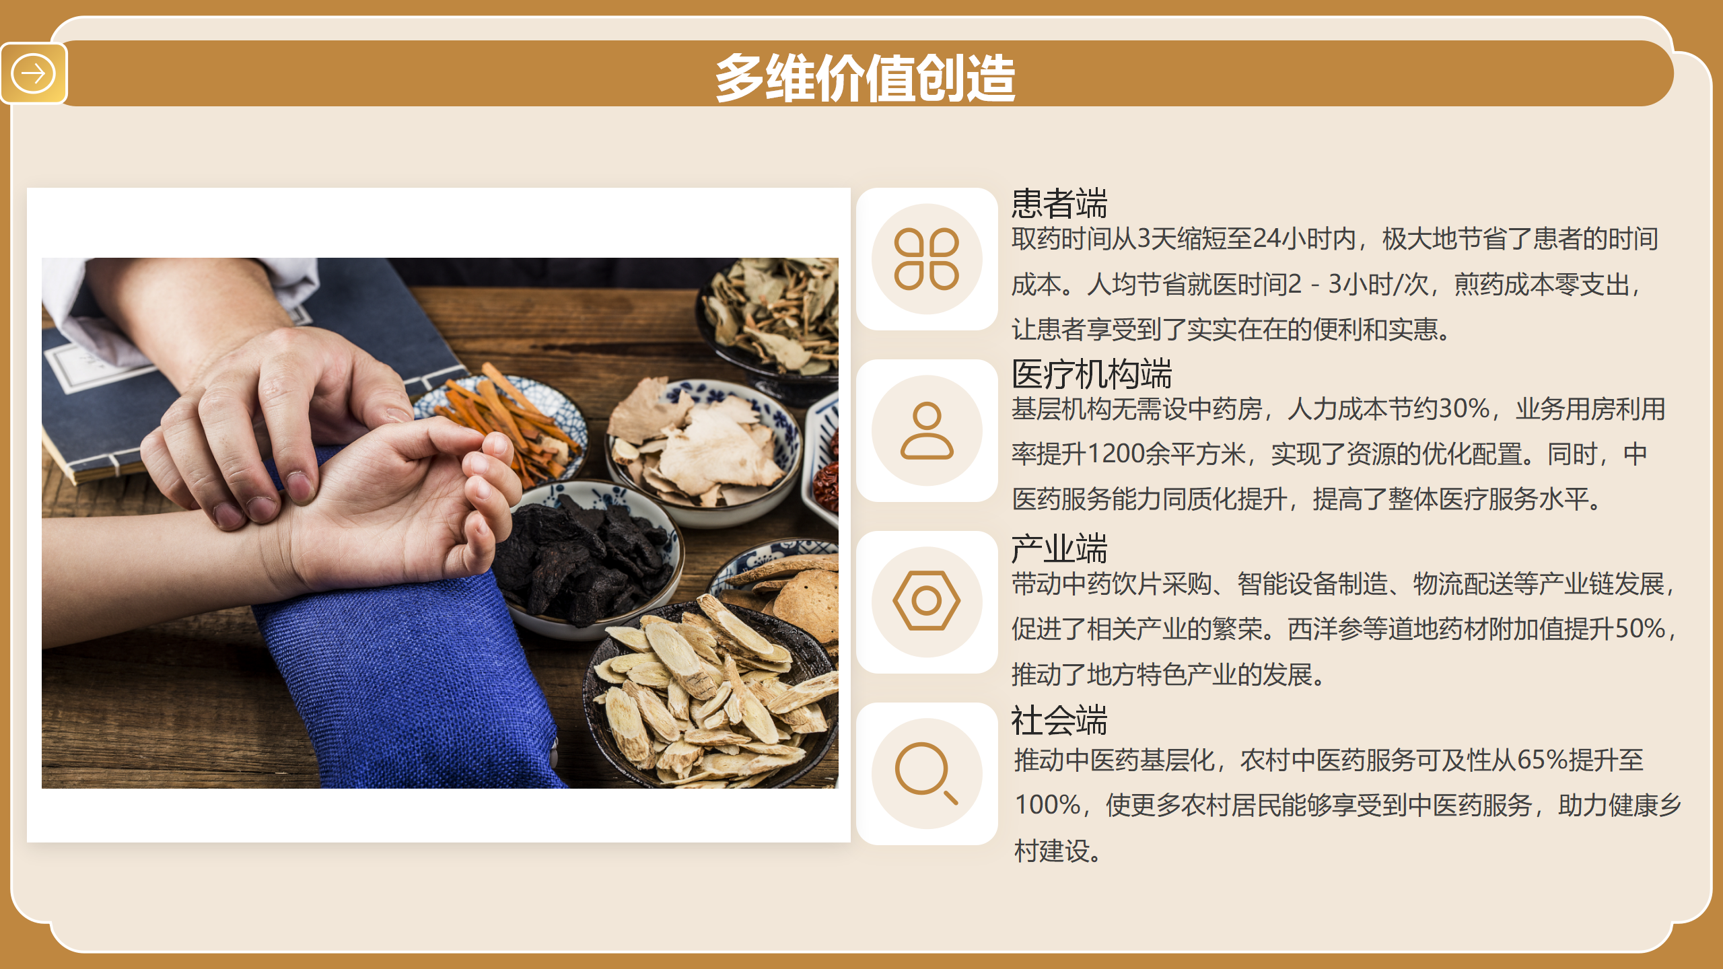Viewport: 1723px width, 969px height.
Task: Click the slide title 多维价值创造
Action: pos(866,78)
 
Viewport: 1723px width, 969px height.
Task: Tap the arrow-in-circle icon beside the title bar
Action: pos(33,73)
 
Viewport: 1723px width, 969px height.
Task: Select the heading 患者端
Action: pos(1059,203)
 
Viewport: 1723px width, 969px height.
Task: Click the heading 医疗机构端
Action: pos(1092,374)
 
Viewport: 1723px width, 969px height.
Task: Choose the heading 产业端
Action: pos(1059,548)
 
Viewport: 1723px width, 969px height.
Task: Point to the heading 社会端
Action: pos(1059,721)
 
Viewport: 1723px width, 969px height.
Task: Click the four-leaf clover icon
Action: pos(927,259)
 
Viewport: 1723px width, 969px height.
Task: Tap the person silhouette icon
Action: pos(927,431)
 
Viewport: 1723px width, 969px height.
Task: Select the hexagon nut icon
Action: pos(927,601)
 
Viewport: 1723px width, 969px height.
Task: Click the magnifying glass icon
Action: pos(926,773)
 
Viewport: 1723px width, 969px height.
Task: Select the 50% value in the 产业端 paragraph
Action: pos(1640,629)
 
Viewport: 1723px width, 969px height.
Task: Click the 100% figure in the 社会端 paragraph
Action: pos(1047,805)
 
